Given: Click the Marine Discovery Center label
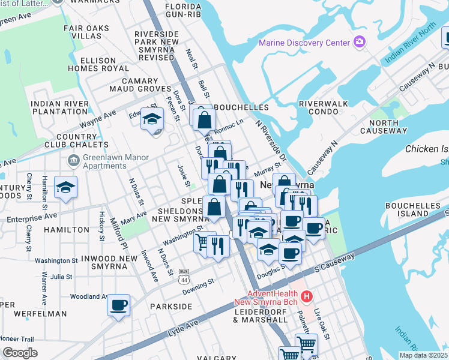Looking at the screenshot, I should tap(304, 43).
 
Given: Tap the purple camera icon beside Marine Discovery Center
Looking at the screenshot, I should tap(360, 42).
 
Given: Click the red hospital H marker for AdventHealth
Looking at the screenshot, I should tap(307, 296).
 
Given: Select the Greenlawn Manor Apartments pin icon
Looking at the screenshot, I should tap(74, 160).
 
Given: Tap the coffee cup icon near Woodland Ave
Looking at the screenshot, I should tap(119, 306).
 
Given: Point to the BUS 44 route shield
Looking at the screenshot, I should tap(184, 275).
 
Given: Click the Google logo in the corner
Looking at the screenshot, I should tap(20, 352).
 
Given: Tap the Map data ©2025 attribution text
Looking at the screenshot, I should tap(423, 355).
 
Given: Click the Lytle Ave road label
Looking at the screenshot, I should tap(183, 327).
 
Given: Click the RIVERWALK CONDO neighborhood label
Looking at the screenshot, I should tap(324, 107).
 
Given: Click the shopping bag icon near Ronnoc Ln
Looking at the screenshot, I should tap(204, 119).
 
